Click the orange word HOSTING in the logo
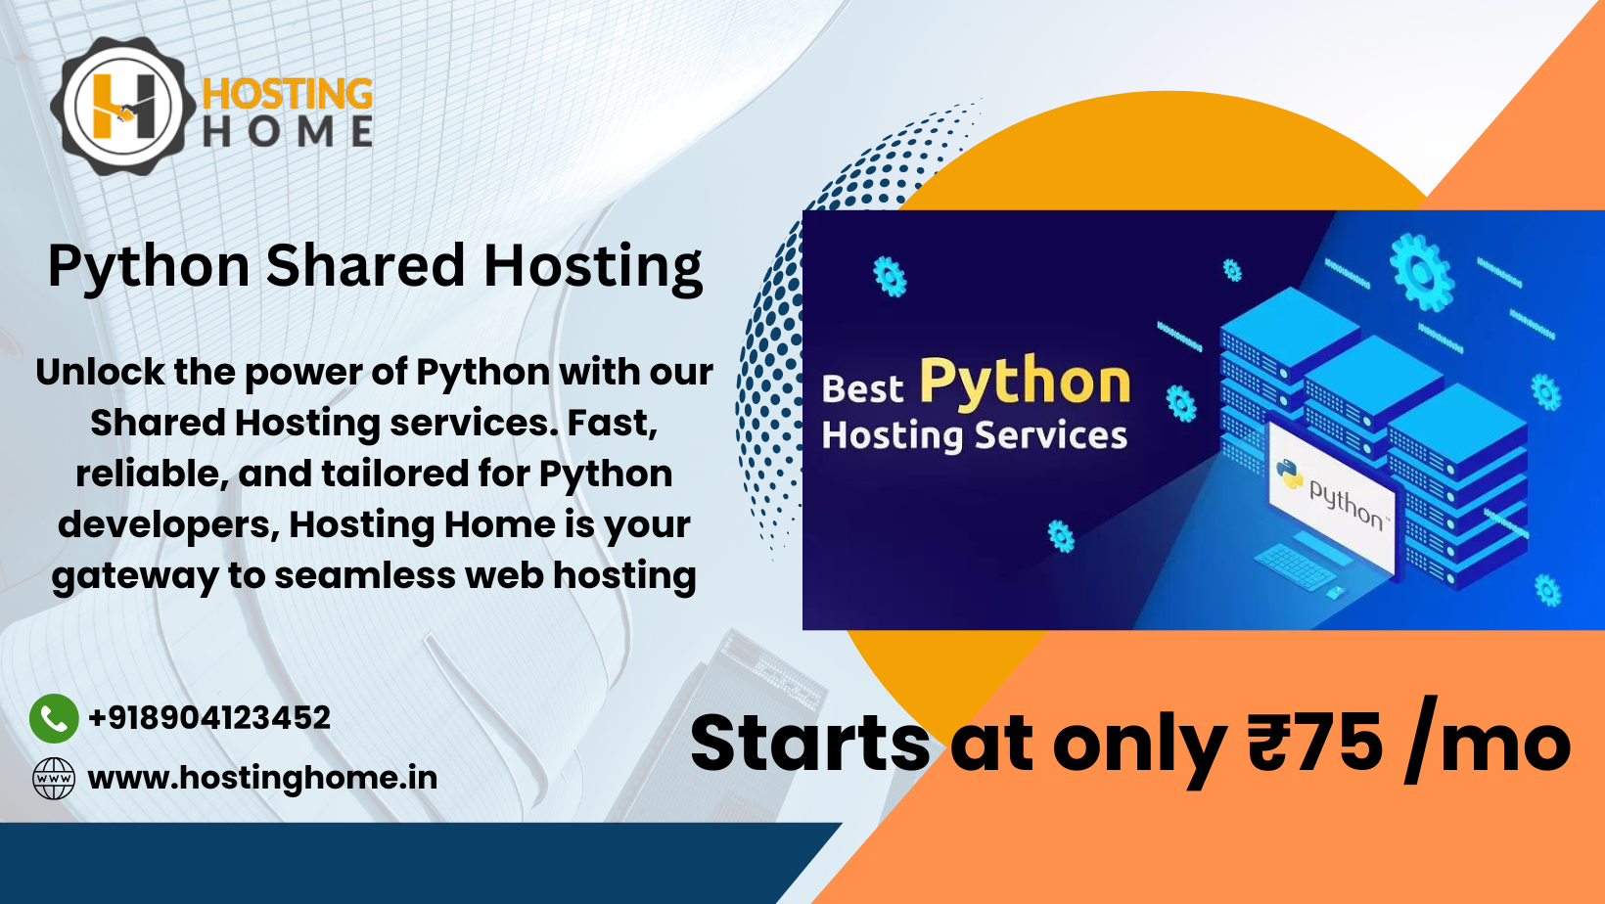coord(287,95)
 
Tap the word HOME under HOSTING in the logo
coord(287,132)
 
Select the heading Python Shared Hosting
coord(375,266)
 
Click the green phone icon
coord(54,719)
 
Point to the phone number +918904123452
coord(209,718)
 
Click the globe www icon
coord(54,779)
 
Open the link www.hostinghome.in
coord(262,778)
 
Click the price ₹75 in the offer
coord(1315,743)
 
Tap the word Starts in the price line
coord(809,743)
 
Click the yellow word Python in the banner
coord(1025,382)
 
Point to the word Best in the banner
coord(862,389)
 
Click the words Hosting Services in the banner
coord(974,435)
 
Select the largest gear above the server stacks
coord(1421,271)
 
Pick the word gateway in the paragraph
coord(135,576)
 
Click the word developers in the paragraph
coord(167,525)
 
